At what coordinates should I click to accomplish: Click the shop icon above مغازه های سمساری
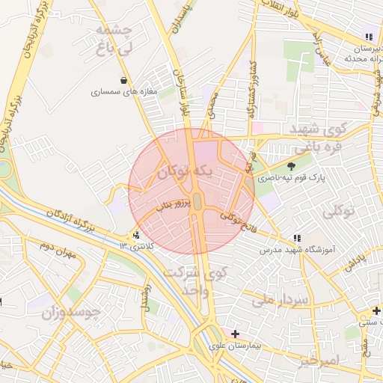point(123,80)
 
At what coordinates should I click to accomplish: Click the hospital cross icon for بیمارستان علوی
point(236,333)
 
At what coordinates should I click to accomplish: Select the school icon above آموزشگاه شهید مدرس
point(297,237)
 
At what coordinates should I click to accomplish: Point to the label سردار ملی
point(281,301)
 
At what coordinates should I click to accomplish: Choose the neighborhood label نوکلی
point(340,213)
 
